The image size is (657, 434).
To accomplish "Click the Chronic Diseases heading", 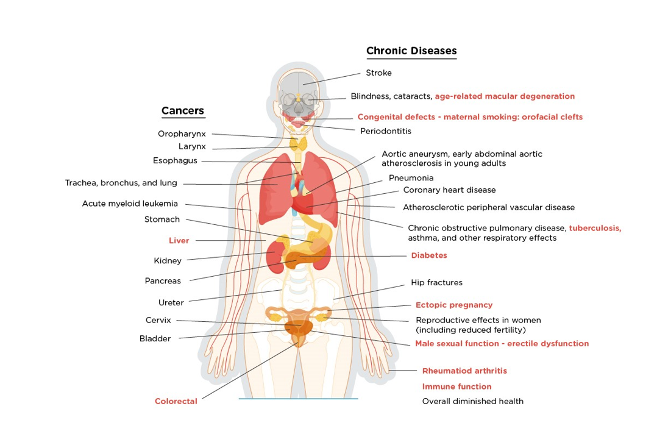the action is pos(411,51).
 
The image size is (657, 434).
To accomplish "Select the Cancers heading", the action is pos(183,111).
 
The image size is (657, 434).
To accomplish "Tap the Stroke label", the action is pos(378,73).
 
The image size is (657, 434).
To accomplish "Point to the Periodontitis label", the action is pos(386,131).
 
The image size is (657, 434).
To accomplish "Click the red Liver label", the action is pos(179,241).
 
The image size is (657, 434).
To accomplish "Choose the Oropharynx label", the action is pos(182,133).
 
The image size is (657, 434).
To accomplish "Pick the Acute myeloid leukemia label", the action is pos(130,204).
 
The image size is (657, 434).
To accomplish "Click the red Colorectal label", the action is pos(176,401).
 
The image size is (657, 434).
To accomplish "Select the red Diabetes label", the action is pos(429,255).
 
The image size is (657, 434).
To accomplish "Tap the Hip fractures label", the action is pos(436,283).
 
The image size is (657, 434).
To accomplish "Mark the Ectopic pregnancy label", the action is pos(454,305).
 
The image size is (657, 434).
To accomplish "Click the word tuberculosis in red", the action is pos(595,228).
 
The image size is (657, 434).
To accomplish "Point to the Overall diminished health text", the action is pos(473,401).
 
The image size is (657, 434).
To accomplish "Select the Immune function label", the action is pos(457,386).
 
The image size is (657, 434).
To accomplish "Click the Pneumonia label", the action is pos(411,178).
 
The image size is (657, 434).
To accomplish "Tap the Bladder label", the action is pos(155,338).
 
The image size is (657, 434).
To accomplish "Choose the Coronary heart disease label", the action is pos(449,190).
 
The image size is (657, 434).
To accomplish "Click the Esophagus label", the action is pos(175,161).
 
